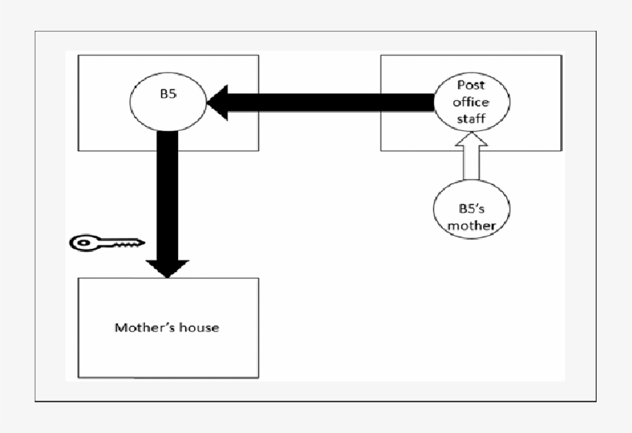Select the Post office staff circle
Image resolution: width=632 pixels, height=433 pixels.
471,102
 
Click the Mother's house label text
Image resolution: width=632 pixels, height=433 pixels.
166,327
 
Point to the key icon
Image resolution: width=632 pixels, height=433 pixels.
106,243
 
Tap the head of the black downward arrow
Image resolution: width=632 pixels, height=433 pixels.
167,267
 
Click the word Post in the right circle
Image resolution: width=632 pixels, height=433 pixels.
471,86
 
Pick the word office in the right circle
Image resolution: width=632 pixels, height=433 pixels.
471,102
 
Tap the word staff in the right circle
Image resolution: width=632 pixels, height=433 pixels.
471,118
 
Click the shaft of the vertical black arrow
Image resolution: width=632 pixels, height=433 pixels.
167,193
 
